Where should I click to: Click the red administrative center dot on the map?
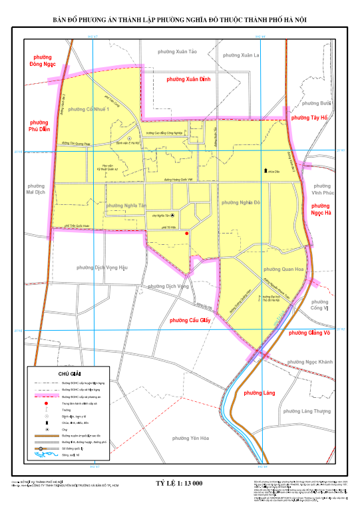[187, 234]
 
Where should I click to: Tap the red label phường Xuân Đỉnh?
[188, 79]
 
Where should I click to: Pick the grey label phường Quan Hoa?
[281, 269]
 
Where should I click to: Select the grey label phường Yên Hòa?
[190, 438]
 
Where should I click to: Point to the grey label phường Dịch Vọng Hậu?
[101, 267]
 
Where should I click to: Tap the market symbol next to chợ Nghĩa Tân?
[173, 216]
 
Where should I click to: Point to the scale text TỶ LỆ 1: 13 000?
[179, 484]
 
